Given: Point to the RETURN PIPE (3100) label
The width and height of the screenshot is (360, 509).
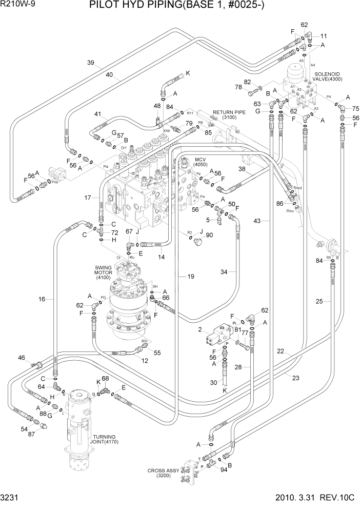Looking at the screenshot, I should (230, 115).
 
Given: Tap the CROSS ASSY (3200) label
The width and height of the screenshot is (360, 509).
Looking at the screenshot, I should (162, 473).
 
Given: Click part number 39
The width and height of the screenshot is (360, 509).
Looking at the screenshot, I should (90, 63).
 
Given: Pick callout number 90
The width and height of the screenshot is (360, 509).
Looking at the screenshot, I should (209, 235).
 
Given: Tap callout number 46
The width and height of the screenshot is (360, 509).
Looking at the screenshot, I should (22, 358).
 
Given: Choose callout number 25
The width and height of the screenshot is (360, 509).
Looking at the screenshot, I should (319, 301).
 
